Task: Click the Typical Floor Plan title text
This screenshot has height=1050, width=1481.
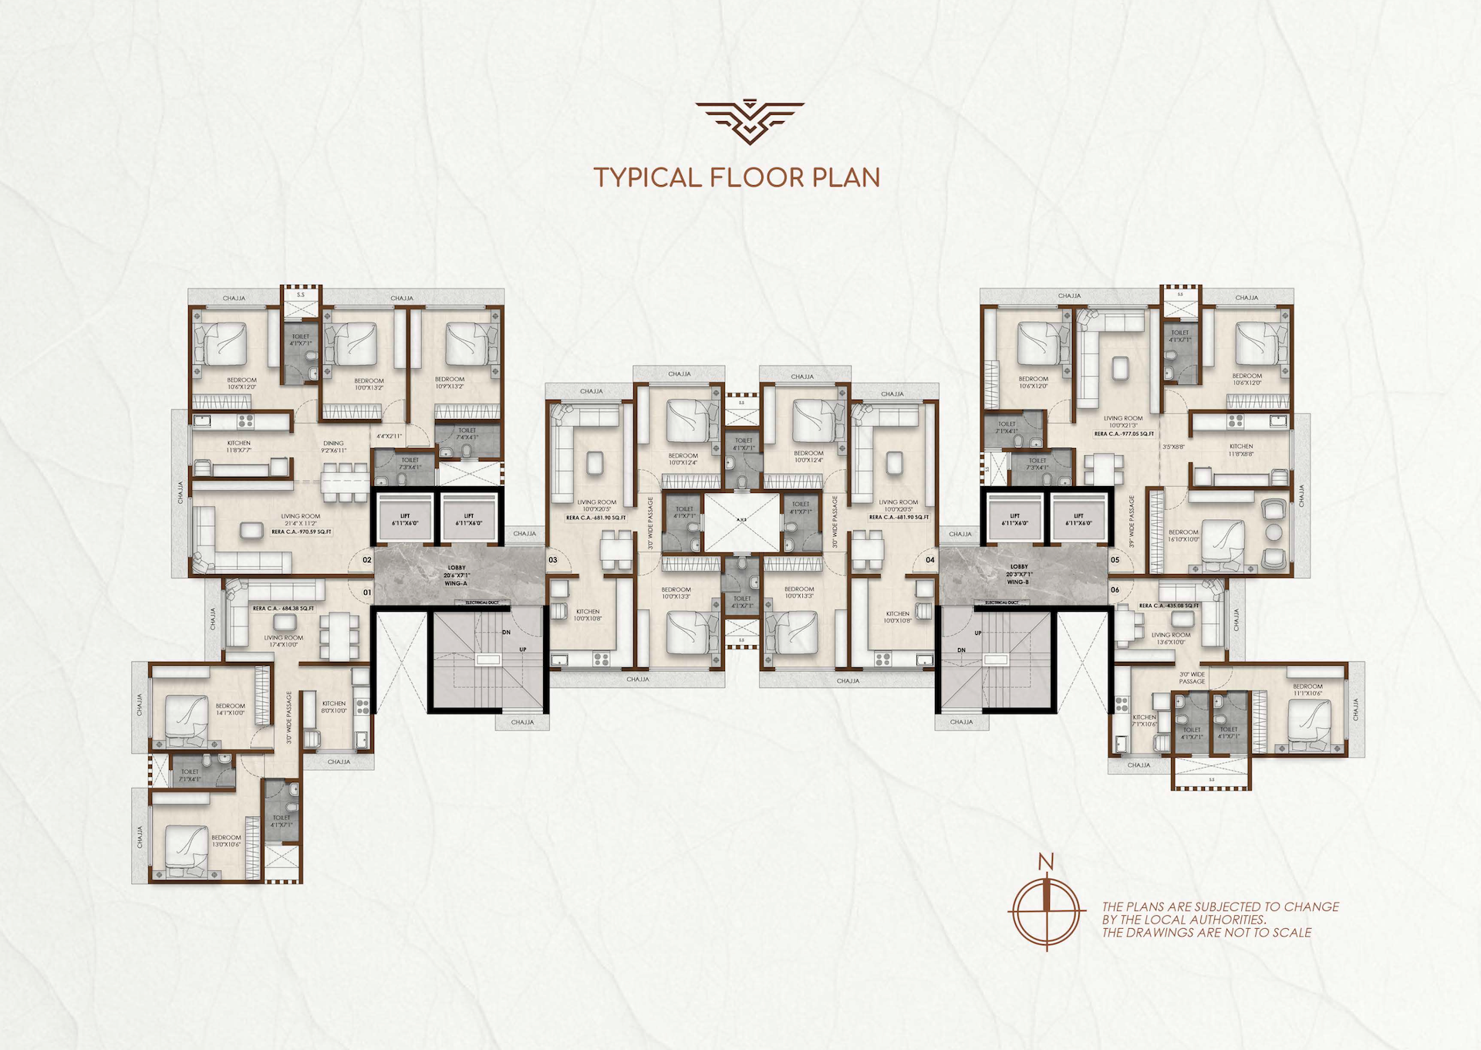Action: coord(737,177)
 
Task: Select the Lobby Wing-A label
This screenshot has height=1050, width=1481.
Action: coord(456,576)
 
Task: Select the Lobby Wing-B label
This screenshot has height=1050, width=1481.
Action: coord(1018,574)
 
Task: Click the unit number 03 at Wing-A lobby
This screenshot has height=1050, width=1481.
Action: coord(553,560)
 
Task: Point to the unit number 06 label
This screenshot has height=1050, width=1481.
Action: coord(1115,590)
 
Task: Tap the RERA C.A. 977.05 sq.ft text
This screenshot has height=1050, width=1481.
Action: coord(1124,434)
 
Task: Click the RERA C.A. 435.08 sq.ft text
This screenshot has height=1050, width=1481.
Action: coord(1169,606)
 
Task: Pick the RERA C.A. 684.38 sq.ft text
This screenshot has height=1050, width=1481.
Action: coord(283,609)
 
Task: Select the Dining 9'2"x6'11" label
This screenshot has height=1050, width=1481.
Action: coord(333,447)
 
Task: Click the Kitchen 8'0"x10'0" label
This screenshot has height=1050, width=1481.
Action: coord(334,707)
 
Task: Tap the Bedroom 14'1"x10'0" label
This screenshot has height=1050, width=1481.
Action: coord(230,709)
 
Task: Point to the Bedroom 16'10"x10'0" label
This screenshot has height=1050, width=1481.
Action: coord(1183,535)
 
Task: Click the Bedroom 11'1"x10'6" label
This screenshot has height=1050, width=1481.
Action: coord(1307,690)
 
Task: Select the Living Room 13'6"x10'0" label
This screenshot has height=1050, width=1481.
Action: coord(1171,638)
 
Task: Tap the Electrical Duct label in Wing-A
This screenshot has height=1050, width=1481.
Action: coord(481,602)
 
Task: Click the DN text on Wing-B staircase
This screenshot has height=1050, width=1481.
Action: coord(961,650)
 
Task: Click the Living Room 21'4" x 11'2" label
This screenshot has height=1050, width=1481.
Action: coord(300,520)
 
